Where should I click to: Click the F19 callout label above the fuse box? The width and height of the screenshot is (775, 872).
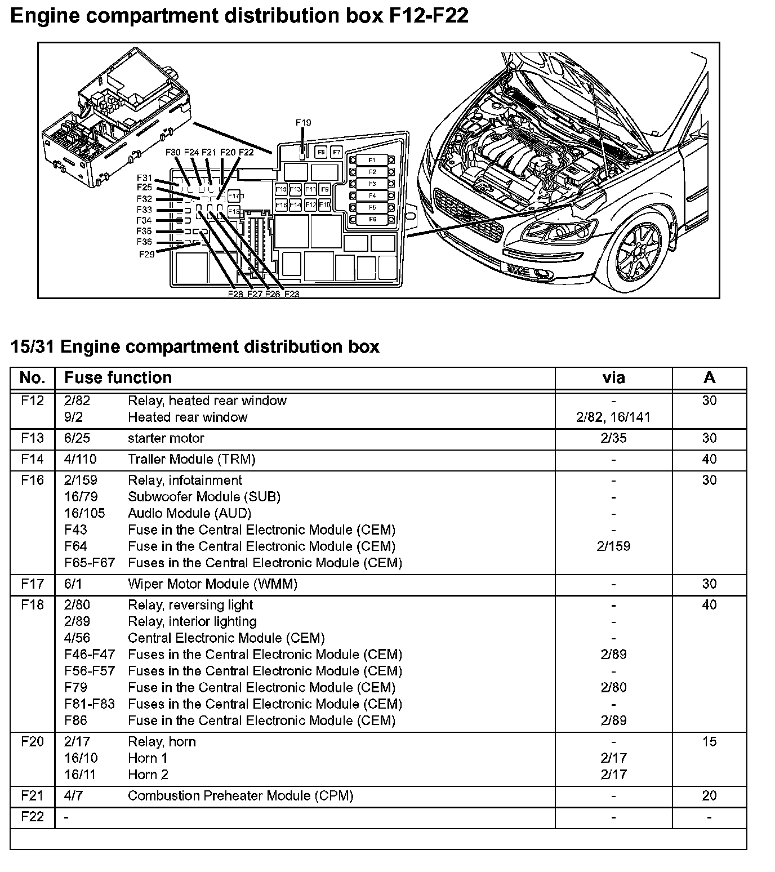pos(303,123)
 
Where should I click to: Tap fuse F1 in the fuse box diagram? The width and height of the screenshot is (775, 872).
pos(372,160)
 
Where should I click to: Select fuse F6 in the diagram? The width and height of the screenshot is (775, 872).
pos(372,219)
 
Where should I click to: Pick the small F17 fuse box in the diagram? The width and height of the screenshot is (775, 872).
pos(234,197)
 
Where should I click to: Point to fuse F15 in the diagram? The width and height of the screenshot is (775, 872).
pos(280,189)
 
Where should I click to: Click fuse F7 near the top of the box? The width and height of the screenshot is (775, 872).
pos(336,152)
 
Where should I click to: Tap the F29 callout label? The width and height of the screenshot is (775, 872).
pos(146,254)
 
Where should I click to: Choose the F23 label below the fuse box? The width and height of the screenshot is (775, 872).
pos(291,294)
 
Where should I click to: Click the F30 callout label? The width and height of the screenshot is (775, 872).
pos(173,152)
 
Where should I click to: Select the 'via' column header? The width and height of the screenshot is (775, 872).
pos(613,377)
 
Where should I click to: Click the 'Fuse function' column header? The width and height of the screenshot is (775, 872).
pos(118,377)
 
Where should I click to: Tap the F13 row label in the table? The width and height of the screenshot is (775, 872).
pos(32,438)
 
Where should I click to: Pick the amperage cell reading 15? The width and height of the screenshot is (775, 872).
pos(709,741)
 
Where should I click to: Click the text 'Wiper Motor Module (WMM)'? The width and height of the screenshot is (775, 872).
pos(212,584)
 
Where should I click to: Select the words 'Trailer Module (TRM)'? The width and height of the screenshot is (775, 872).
pos(191,459)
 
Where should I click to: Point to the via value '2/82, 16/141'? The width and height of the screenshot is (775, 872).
pos(613,417)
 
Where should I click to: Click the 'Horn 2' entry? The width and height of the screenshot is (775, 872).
pos(148,775)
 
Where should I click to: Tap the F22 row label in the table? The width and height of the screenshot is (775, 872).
pos(32,817)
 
